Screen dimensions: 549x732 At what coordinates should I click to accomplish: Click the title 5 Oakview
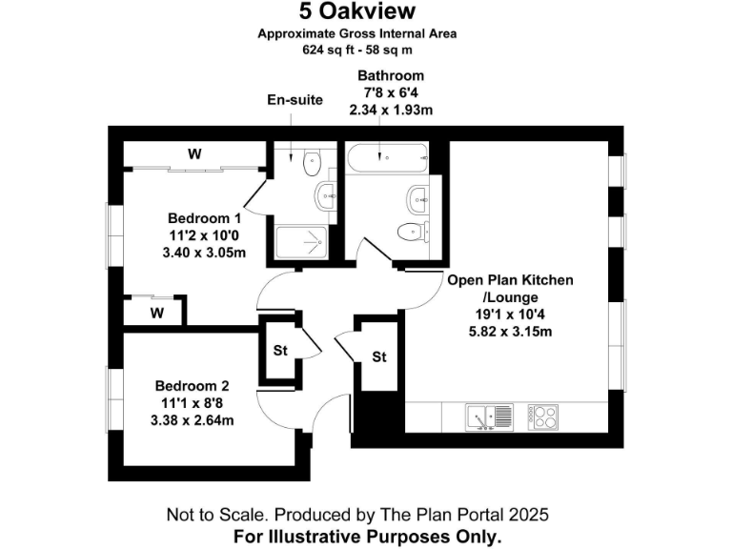pos(357,12)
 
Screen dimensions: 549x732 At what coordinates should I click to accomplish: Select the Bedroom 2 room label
pos(193,386)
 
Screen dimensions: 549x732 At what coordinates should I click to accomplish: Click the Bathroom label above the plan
pos(391,75)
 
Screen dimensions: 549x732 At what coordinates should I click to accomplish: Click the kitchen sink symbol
pos(490,416)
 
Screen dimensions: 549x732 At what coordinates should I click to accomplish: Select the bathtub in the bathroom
pos(386,158)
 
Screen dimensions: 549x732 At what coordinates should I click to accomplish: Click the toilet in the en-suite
pos(312,164)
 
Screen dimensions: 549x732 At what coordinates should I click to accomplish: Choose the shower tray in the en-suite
pos(301,242)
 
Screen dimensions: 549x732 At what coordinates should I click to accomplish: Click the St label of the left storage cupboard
pos(280,351)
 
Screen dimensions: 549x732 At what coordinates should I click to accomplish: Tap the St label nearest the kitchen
pos(378,357)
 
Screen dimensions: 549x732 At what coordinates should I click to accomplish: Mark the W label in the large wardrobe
pos(194,153)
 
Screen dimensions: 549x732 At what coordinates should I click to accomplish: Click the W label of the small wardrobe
pos(156,312)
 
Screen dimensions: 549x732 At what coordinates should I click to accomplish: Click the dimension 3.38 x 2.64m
pos(193,419)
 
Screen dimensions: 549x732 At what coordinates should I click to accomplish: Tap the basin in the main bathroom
pos(417,198)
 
